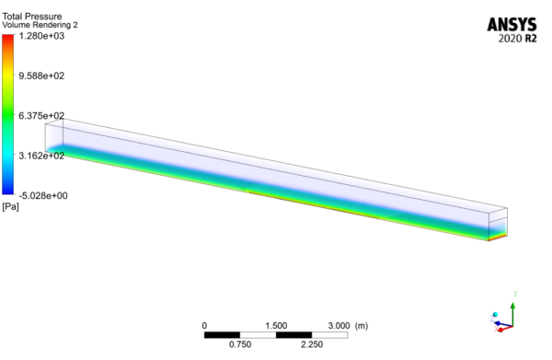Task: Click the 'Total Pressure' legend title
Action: pos(29,16)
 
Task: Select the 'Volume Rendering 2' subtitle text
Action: pos(40,26)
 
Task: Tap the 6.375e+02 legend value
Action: pos(44,116)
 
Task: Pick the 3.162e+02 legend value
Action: pos(44,156)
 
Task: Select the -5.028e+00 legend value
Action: pos(45,195)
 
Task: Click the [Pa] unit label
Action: pos(11,206)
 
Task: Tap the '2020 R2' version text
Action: pos(519,41)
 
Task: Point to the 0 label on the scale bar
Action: pos(204,326)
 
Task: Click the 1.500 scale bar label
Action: pos(276,326)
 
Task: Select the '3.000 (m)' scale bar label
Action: pos(348,326)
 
